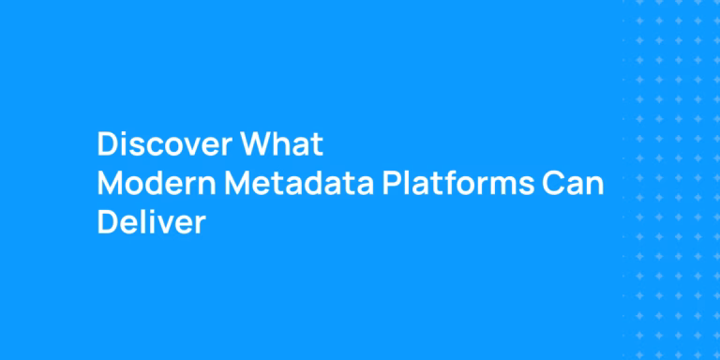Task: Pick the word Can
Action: [574, 185]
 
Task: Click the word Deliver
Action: [151, 224]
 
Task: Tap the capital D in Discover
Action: [108, 145]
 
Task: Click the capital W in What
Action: [257, 145]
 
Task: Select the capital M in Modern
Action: [111, 185]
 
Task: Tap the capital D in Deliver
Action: [108, 224]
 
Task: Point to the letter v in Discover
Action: [187, 147]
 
